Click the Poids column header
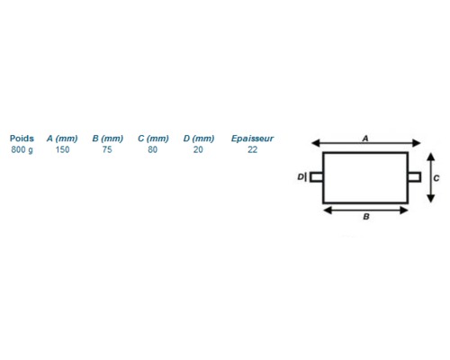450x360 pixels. click(x=22, y=139)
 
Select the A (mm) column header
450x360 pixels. click(x=62, y=139)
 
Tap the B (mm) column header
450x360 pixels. click(x=108, y=139)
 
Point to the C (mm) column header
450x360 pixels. click(x=153, y=139)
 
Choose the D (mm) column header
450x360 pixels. click(x=199, y=139)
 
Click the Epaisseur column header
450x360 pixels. click(x=252, y=139)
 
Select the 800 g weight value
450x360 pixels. click(x=22, y=149)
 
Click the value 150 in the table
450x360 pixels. click(x=62, y=149)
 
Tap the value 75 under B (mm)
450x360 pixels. click(x=107, y=149)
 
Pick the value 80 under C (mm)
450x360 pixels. click(x=152, y=149)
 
